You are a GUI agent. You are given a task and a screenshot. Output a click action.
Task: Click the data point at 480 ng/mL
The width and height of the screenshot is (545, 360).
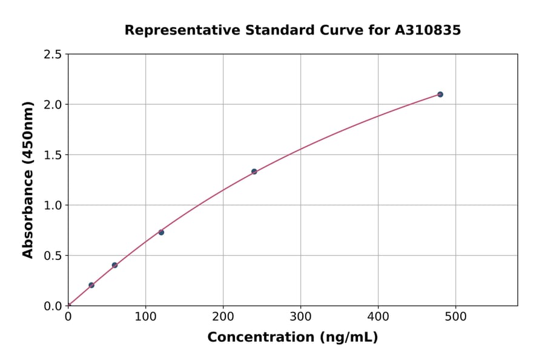[440, 95]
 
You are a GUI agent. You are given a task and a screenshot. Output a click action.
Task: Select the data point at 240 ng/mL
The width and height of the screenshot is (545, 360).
[254, 172]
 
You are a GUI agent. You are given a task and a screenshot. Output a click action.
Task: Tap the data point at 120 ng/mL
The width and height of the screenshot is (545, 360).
[161, 232]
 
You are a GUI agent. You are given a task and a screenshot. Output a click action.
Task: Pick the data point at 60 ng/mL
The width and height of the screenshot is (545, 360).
[114, 265]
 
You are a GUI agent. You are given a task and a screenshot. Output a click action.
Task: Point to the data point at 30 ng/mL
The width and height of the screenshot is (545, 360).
[91, 285]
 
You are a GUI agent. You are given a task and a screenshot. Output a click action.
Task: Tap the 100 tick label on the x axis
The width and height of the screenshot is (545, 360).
[145, 316]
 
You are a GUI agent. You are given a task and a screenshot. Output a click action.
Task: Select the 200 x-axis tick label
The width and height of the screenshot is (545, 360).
[223, 316]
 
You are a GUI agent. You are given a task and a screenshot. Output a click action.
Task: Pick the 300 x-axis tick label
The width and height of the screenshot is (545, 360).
[300, 316]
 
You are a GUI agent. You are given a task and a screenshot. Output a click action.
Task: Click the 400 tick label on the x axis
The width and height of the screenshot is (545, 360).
[378, 316]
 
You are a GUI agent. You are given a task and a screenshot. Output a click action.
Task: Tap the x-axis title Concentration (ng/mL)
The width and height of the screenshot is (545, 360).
[292, 337]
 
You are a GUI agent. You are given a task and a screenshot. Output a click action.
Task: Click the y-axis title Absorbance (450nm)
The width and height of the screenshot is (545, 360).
[28, 180]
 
